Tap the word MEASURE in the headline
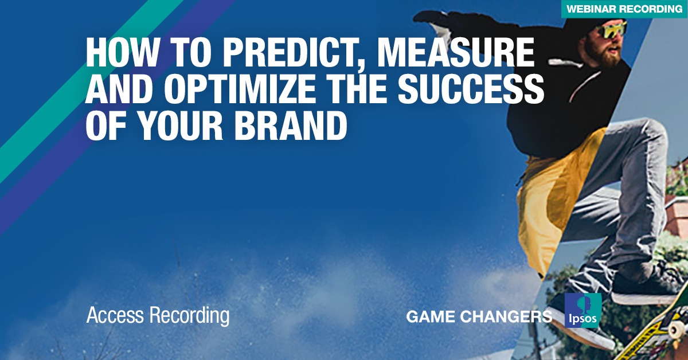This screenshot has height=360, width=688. coord(455,52)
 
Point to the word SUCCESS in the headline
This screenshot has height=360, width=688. coord(471,89)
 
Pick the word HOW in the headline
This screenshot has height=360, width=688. coord(122,52)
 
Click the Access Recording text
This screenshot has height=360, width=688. coord(158,316)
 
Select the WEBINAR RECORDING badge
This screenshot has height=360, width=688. coord(625,9)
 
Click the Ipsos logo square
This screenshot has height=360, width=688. coord(583,310)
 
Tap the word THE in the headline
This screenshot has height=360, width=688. coord(357,89)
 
